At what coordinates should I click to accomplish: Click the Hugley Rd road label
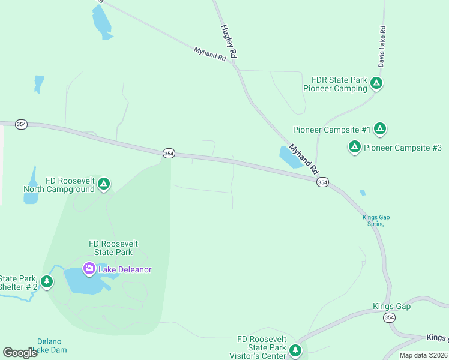coord(229,41)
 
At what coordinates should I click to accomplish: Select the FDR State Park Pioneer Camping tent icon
coord(376,83)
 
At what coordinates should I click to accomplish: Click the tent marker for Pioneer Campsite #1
coord(380,128)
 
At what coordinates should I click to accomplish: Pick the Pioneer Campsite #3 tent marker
coord(355,146)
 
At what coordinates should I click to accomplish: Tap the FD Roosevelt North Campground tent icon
coord(104,184)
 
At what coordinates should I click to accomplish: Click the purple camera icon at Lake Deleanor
coord(89,269)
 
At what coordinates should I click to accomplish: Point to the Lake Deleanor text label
coord(125,269)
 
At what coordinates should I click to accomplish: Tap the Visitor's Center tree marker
coord(295,350)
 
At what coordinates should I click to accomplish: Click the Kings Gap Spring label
coord(373,220)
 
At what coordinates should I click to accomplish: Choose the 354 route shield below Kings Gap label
coord(390,317)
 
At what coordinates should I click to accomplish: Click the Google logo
coord(20,353)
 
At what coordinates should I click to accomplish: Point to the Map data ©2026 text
coord(423,355)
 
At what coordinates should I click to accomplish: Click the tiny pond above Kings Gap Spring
coord(362,193)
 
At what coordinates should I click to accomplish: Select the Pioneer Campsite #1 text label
coord(331,130)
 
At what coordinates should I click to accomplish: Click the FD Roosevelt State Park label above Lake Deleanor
coord(113,248)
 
